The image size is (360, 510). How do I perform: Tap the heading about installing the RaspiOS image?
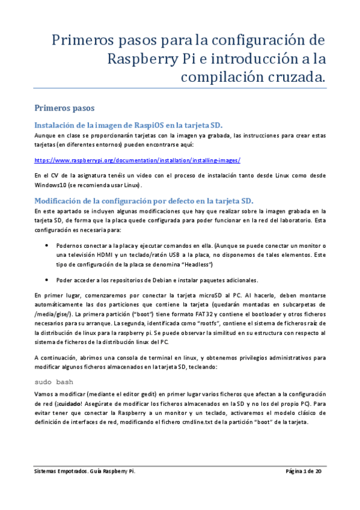click(129, 125)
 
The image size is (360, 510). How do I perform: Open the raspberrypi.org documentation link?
click(138, 161)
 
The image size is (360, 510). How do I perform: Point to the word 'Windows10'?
click(49, 183)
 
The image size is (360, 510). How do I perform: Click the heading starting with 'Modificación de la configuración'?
click(144, 200)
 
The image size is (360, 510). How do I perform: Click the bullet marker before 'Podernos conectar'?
click(47, 245)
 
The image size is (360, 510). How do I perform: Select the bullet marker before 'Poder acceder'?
click(47, 280)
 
